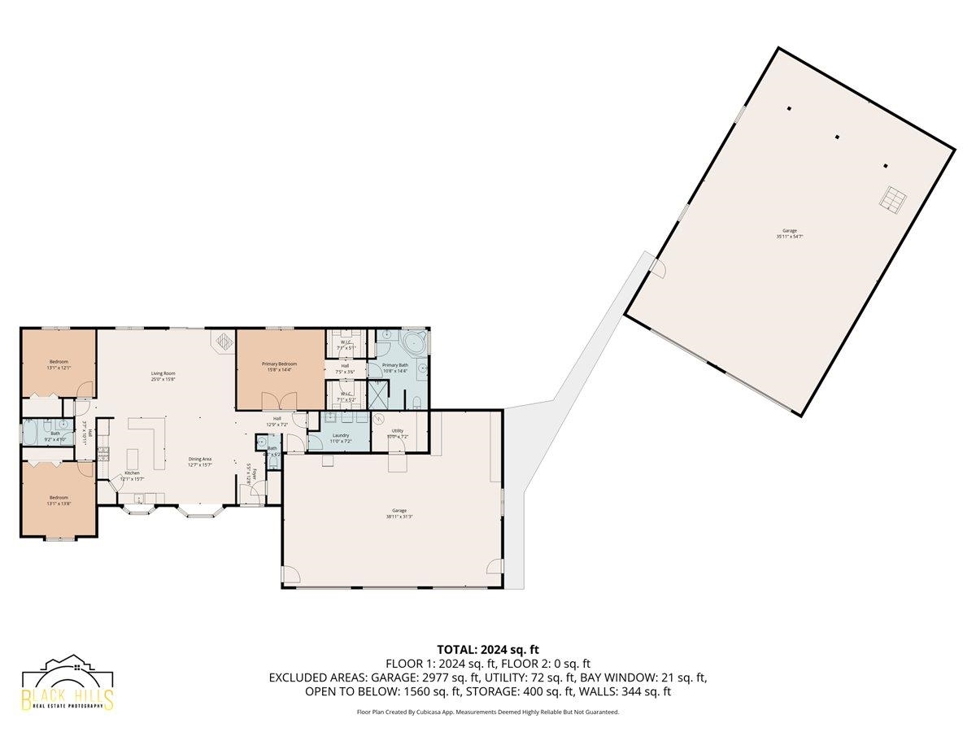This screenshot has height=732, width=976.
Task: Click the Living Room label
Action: tap(163, 373)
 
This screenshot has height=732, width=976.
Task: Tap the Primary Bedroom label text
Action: tap(279, 364)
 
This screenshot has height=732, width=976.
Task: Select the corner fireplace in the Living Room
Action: tap(223, 341)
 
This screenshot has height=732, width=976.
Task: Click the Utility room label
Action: tap(398, 430)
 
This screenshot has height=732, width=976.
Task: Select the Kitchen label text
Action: tap(131, 473)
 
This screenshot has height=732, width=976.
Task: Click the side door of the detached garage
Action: tap(657, 268)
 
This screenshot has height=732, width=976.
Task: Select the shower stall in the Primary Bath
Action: tap(377, 394)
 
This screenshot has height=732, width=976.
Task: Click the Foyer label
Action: tap(253, 474)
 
